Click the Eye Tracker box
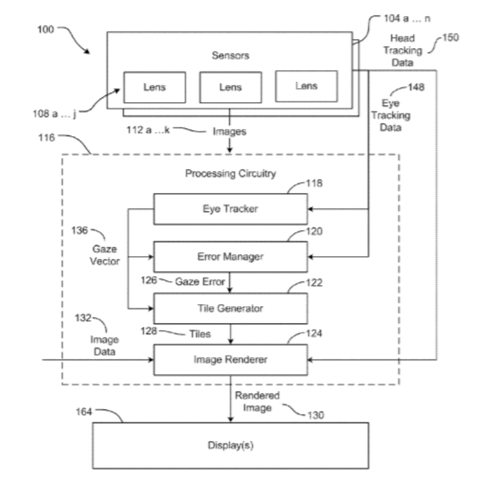(231, 209)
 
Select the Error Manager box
(231, 256)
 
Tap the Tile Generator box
(231, 308)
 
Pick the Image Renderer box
(231, 361)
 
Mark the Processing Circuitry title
(230, 174)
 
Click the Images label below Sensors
(229, 132)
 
